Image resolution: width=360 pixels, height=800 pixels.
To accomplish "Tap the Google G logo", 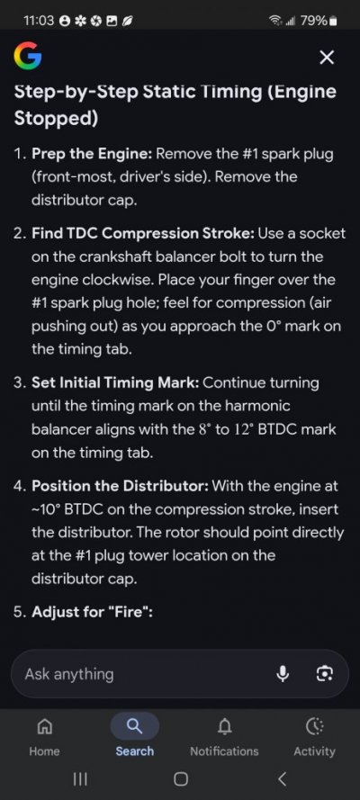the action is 28,57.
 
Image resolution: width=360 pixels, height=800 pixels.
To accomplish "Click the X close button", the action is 327,58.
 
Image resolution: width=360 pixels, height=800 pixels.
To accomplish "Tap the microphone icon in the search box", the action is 283,674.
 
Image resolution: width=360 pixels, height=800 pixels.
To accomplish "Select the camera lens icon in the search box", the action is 324,674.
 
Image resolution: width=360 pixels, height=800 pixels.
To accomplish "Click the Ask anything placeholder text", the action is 69,675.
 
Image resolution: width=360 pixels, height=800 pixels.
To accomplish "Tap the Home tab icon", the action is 44,725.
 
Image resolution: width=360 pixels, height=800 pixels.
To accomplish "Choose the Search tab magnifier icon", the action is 135,725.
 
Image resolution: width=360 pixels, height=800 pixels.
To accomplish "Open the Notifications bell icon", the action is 224,725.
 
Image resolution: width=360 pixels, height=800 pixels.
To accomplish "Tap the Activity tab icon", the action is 314,725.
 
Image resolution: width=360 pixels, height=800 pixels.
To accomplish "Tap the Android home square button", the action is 181,778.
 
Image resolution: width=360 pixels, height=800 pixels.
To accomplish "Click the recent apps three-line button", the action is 80,778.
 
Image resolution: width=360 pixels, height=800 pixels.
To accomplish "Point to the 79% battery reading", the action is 313,21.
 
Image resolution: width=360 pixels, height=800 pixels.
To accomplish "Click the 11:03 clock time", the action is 38,21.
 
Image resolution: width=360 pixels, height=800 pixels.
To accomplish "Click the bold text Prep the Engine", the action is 93,154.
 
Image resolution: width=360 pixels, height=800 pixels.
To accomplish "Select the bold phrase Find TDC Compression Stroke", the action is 143,234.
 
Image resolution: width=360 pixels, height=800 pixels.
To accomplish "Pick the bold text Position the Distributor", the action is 120,486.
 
